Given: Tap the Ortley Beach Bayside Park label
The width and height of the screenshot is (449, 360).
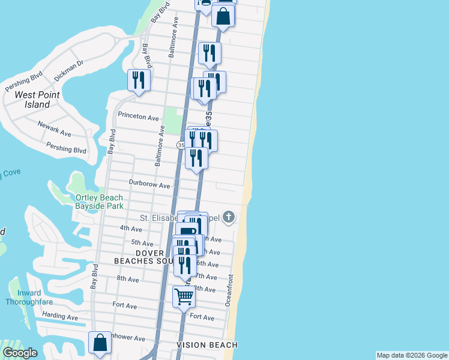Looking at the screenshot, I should (x=99, y=202).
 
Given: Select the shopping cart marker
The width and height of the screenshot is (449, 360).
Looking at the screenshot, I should (x=184, y=296).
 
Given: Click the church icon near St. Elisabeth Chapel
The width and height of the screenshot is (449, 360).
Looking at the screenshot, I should (x=229, y=217).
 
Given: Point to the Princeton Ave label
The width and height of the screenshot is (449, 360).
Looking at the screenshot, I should (x=139, y=116).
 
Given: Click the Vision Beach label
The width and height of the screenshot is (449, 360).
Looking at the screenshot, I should (x=207, y=345).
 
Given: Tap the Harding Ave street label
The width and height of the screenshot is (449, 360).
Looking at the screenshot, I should (x=59, y=316).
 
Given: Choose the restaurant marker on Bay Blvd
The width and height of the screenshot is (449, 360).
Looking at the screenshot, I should (x=139, y=81).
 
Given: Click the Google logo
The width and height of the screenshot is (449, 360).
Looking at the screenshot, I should (x=20, y=353).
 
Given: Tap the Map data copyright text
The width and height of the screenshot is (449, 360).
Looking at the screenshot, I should (x=412, y=355).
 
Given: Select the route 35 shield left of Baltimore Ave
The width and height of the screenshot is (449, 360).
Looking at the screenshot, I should (x=181, y=145).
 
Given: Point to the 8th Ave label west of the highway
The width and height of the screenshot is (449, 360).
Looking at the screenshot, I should (x=128, y=279).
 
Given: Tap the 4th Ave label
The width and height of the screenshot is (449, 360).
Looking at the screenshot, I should (x=130, y=229).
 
